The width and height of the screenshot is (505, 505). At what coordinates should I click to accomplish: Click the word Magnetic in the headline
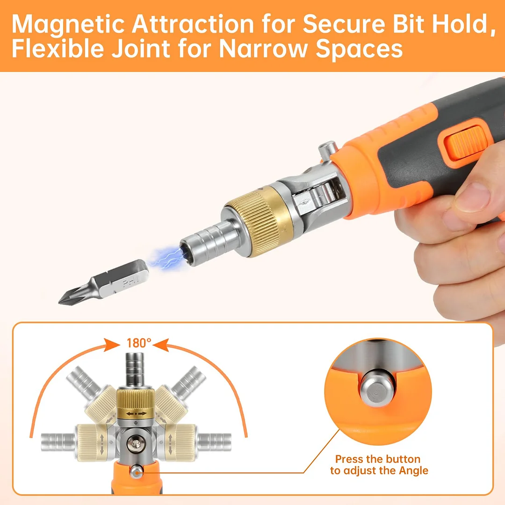(x=67, y=24)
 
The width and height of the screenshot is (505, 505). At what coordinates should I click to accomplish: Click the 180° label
(x=139, y=343)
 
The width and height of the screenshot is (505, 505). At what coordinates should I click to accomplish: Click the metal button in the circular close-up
(x=377, y=387)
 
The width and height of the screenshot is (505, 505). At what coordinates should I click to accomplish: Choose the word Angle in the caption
(x=413, y=470)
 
